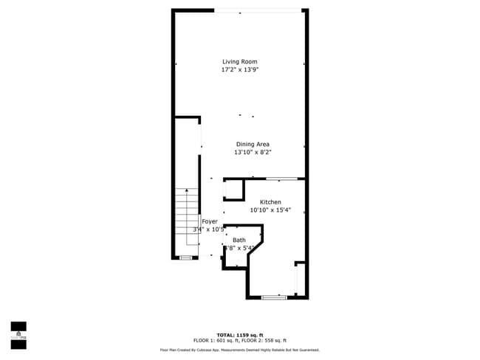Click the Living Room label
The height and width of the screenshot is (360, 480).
pos(240,62)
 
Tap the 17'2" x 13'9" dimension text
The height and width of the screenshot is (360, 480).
pos(240,70)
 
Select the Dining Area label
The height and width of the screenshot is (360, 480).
pos(253,145)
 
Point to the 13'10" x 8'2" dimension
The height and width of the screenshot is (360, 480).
pos(253,153)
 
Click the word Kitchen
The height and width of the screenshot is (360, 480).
pos(270,202)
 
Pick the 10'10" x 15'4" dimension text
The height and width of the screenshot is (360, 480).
pos(270,210)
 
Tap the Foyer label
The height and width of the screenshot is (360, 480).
pos(210,221)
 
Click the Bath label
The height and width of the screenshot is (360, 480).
pos(239,240)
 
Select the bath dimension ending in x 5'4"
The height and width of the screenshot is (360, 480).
pos(241,248)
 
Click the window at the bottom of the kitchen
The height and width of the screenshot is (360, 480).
pos(274,297)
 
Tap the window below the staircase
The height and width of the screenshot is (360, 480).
pos(185,257)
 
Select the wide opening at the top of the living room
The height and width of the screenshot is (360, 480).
pos(258,10)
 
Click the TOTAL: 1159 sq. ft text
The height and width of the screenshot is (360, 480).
pos(241,334)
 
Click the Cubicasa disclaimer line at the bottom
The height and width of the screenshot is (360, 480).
pos(240,350)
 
